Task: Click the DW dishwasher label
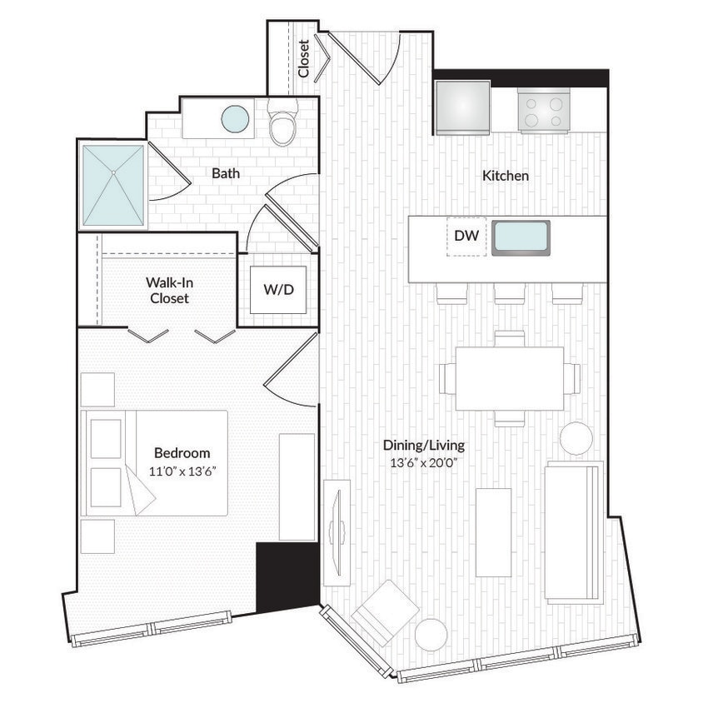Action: click(x=466, y=237)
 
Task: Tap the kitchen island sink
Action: click(x=521, y=238)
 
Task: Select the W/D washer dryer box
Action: click(x=278, y=290)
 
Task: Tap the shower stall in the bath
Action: click(x=113, y=185)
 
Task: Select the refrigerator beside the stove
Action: click(x=461, y=107)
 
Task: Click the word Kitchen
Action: click(x=506, y=176)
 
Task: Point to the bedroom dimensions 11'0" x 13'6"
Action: click(x=182, y=471)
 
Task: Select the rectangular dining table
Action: click(x=510, y=377)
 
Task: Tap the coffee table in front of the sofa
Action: click(x=493, y=531)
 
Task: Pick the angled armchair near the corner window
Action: click(x=384, y=612)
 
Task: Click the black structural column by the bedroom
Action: click(x=287, y=577)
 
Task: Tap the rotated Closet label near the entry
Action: click(x=304, y=58)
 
